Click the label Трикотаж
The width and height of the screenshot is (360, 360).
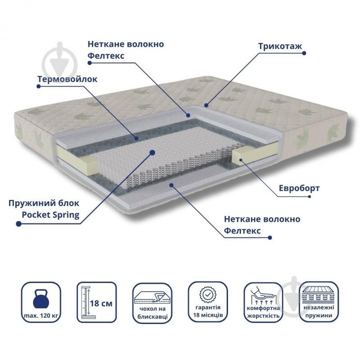tap(280, 46)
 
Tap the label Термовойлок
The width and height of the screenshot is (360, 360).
tap(67, 79)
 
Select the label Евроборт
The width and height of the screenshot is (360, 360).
tap(299, 188)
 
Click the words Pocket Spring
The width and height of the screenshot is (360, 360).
tap(50, 215)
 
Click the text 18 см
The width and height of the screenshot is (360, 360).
tap(101, 303)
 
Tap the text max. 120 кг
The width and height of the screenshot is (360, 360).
tap(41, 316)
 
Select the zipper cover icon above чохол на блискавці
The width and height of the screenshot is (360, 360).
tap(152, 297)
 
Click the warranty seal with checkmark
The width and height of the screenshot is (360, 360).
tap(208, 295)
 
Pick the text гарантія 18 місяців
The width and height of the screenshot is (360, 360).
tap(208, 311)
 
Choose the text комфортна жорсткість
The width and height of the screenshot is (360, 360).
tap(263, 312)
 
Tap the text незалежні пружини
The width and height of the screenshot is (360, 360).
tap(319, 311)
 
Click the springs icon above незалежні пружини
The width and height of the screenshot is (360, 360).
tap(319, 295)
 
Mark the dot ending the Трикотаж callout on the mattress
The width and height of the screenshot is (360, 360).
tap(206, 105)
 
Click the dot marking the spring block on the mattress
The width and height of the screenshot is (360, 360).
tap(152, 152)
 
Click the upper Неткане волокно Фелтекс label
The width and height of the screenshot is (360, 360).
tap(126, 50)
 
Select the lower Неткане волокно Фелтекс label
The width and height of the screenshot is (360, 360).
tap(262, 224)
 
